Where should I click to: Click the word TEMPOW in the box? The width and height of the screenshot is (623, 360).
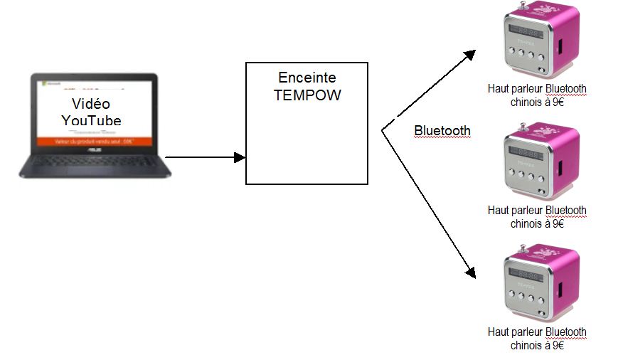[x=307, y=95]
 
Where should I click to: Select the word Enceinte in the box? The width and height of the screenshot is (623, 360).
[x=307, y=78]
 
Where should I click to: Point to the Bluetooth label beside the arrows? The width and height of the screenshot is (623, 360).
[x=442, y=131]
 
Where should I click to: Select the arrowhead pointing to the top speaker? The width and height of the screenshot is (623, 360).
[x=470, y=54]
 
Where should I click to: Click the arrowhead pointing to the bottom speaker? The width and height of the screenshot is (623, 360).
[x=469, y=271]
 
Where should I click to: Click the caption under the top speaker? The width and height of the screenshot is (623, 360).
[x=537, y=95]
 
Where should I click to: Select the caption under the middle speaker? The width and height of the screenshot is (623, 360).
[x=537, y=217]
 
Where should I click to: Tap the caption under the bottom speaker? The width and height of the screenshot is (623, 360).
[x=537, y=339]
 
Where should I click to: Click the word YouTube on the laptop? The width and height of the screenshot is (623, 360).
[x=91, y=120]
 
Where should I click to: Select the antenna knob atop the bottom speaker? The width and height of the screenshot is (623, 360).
[x=525, y=246]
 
